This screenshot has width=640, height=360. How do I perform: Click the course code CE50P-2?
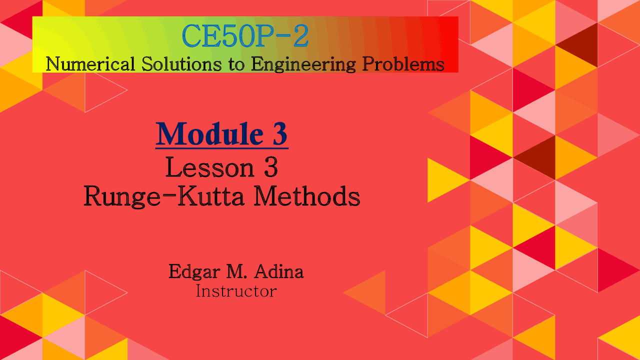tap(245, 36)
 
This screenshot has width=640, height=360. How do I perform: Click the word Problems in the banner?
tap(400, 64)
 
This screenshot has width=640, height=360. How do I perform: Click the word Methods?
tap(306, 196)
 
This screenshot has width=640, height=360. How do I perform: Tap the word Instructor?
tap(235, 290)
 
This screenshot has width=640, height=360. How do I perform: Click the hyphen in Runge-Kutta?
tap(165, 197)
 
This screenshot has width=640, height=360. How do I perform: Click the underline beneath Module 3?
tap(222, 147)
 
